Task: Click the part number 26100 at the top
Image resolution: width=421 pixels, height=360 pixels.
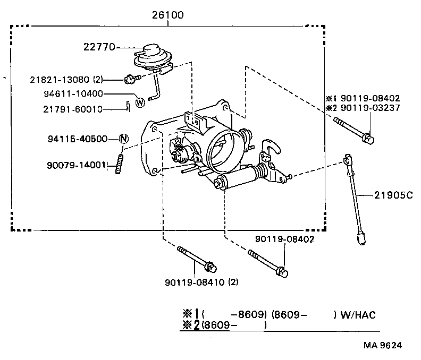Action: (167, 15)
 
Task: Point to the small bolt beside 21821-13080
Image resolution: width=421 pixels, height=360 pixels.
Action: (130, 79)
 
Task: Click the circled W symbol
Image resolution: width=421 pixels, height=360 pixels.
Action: (140, 102)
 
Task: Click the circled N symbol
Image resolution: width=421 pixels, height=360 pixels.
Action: (123, 139)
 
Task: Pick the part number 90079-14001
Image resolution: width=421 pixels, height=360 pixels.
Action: (80, 165)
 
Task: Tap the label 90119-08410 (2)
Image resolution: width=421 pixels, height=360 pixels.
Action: (201, 282)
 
